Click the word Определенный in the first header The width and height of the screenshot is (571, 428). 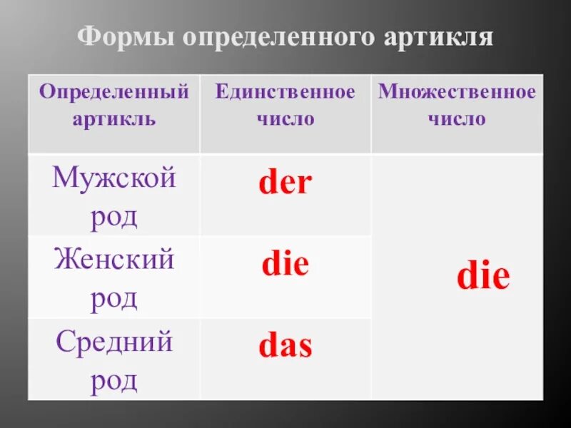point(114,92)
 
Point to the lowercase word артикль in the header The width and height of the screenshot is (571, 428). point(114,118)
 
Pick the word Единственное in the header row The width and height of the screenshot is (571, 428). point(285,92)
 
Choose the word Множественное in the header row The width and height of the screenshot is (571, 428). point(457,92)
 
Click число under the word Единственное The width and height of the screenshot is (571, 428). point(285,118)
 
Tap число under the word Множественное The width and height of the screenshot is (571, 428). point(457,118)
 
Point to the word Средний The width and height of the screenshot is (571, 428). point(114,342)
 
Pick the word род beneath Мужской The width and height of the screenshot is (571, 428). point(114,216)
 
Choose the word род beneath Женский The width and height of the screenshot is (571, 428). point(114,299)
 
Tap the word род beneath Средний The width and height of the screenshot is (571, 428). point(114,381)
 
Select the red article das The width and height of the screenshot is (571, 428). point(285,347)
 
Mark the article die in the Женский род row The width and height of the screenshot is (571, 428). point(285,265)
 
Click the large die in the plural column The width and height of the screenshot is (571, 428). point(483,276)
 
